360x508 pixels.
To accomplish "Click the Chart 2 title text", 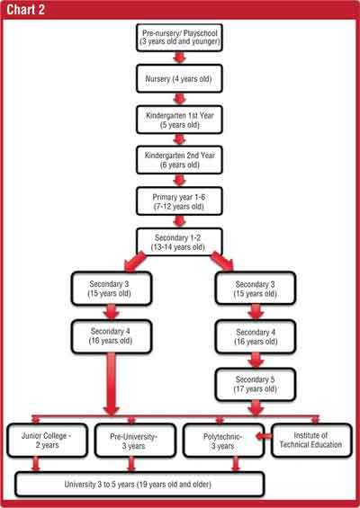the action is pos(25,9).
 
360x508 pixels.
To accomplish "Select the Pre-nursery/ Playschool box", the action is pos(179,38).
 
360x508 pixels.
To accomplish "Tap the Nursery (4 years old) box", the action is pos(179,79).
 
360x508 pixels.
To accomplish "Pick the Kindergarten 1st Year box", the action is pos(179,120).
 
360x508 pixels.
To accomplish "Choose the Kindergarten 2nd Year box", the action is pos(179,160).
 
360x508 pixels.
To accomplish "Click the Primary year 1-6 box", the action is pos(179,201).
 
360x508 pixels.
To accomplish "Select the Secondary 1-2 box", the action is pos(179,242).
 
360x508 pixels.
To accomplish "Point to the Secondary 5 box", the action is pos(256,384).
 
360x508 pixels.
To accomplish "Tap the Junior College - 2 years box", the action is pos(48,441).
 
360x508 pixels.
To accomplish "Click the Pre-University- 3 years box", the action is pos(135,441).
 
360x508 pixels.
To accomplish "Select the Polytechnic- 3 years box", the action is pos(223,441).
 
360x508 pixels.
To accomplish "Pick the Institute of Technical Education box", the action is pos(311,441).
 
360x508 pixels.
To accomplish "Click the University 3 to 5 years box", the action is pos(139,485).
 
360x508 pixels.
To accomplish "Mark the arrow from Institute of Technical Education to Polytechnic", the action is pos(264,436).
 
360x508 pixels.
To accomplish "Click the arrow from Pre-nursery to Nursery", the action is pos(179,58).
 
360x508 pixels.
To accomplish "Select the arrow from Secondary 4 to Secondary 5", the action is pos(256,361).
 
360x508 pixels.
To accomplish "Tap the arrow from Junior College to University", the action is pos(36,464).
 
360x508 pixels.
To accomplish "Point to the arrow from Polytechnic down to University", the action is pos(236,464).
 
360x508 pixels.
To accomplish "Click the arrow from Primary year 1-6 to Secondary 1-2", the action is pos(179,221).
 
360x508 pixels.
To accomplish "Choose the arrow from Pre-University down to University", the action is pos(131,464).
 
